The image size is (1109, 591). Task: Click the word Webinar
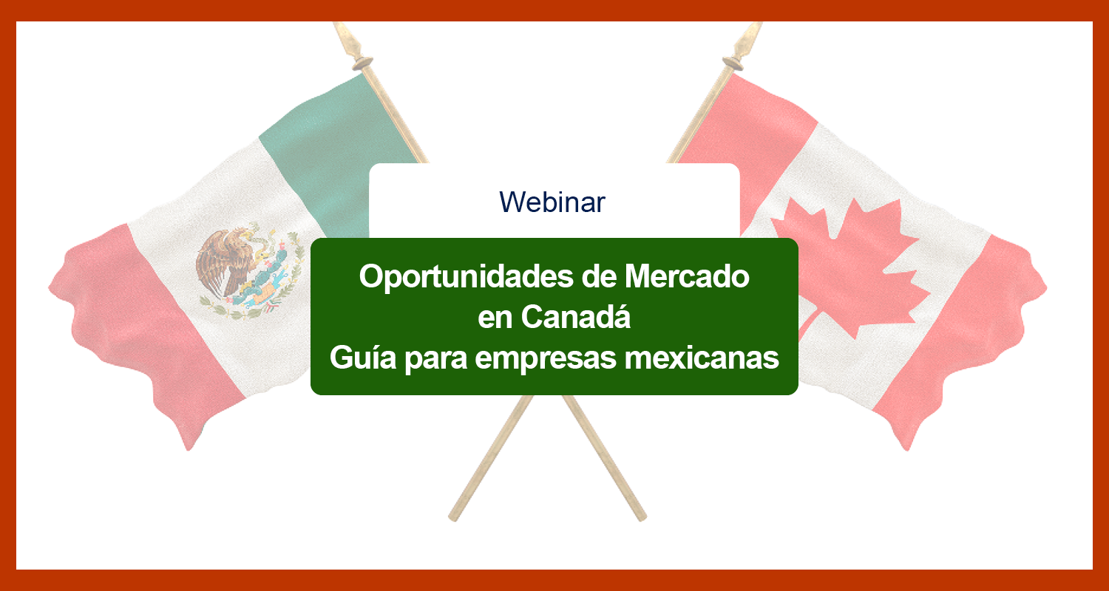coord(552,202)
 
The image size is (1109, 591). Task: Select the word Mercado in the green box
coord(687,276)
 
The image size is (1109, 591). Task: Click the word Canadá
coord(576,315)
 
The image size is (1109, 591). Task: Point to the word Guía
coord(363,356)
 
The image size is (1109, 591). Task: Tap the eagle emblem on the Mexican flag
coord(250,271)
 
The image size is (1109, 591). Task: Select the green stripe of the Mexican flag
coord(336,154)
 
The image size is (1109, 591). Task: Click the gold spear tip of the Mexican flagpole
coord(350,44)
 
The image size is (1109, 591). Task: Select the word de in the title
coord(599,276)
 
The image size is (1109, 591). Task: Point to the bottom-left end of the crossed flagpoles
coord(453,517)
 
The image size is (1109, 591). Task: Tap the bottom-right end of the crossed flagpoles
coord(642,517)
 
